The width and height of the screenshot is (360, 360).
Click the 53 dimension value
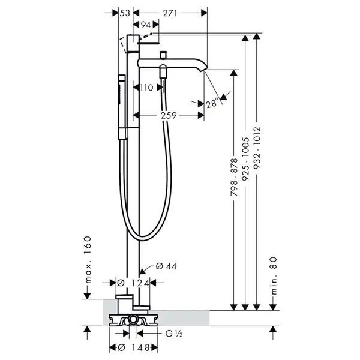tap(125, 13)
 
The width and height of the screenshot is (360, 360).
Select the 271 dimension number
tap(170, 13)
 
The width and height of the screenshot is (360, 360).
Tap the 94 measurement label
tap(146, 25)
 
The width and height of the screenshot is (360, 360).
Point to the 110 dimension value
tap(146, 88)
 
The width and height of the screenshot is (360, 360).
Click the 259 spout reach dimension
tap(169, 115)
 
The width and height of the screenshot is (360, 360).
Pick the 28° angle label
tap(212, 103)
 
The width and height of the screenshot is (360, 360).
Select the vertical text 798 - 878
tap(234, 177)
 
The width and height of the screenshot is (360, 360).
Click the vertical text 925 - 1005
tap(245, 158)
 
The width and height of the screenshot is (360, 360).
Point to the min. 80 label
tap(274, 275)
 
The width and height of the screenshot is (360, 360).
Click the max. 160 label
tap(88, 260)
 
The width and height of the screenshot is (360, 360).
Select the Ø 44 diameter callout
tap(166, 266)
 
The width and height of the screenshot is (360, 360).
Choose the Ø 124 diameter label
tap(133, 283)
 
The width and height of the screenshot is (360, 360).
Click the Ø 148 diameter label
tap(134, 347)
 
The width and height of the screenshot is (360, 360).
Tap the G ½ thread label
tap(174, 334)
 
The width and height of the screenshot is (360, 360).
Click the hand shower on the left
tap(122, 107)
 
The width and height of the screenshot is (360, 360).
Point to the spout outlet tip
tap(204, 70)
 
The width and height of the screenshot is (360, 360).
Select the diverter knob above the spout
tap(163, 55)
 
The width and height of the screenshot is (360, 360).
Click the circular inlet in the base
tap(133, 319)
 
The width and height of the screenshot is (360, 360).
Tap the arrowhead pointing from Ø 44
tap(142, 271)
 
